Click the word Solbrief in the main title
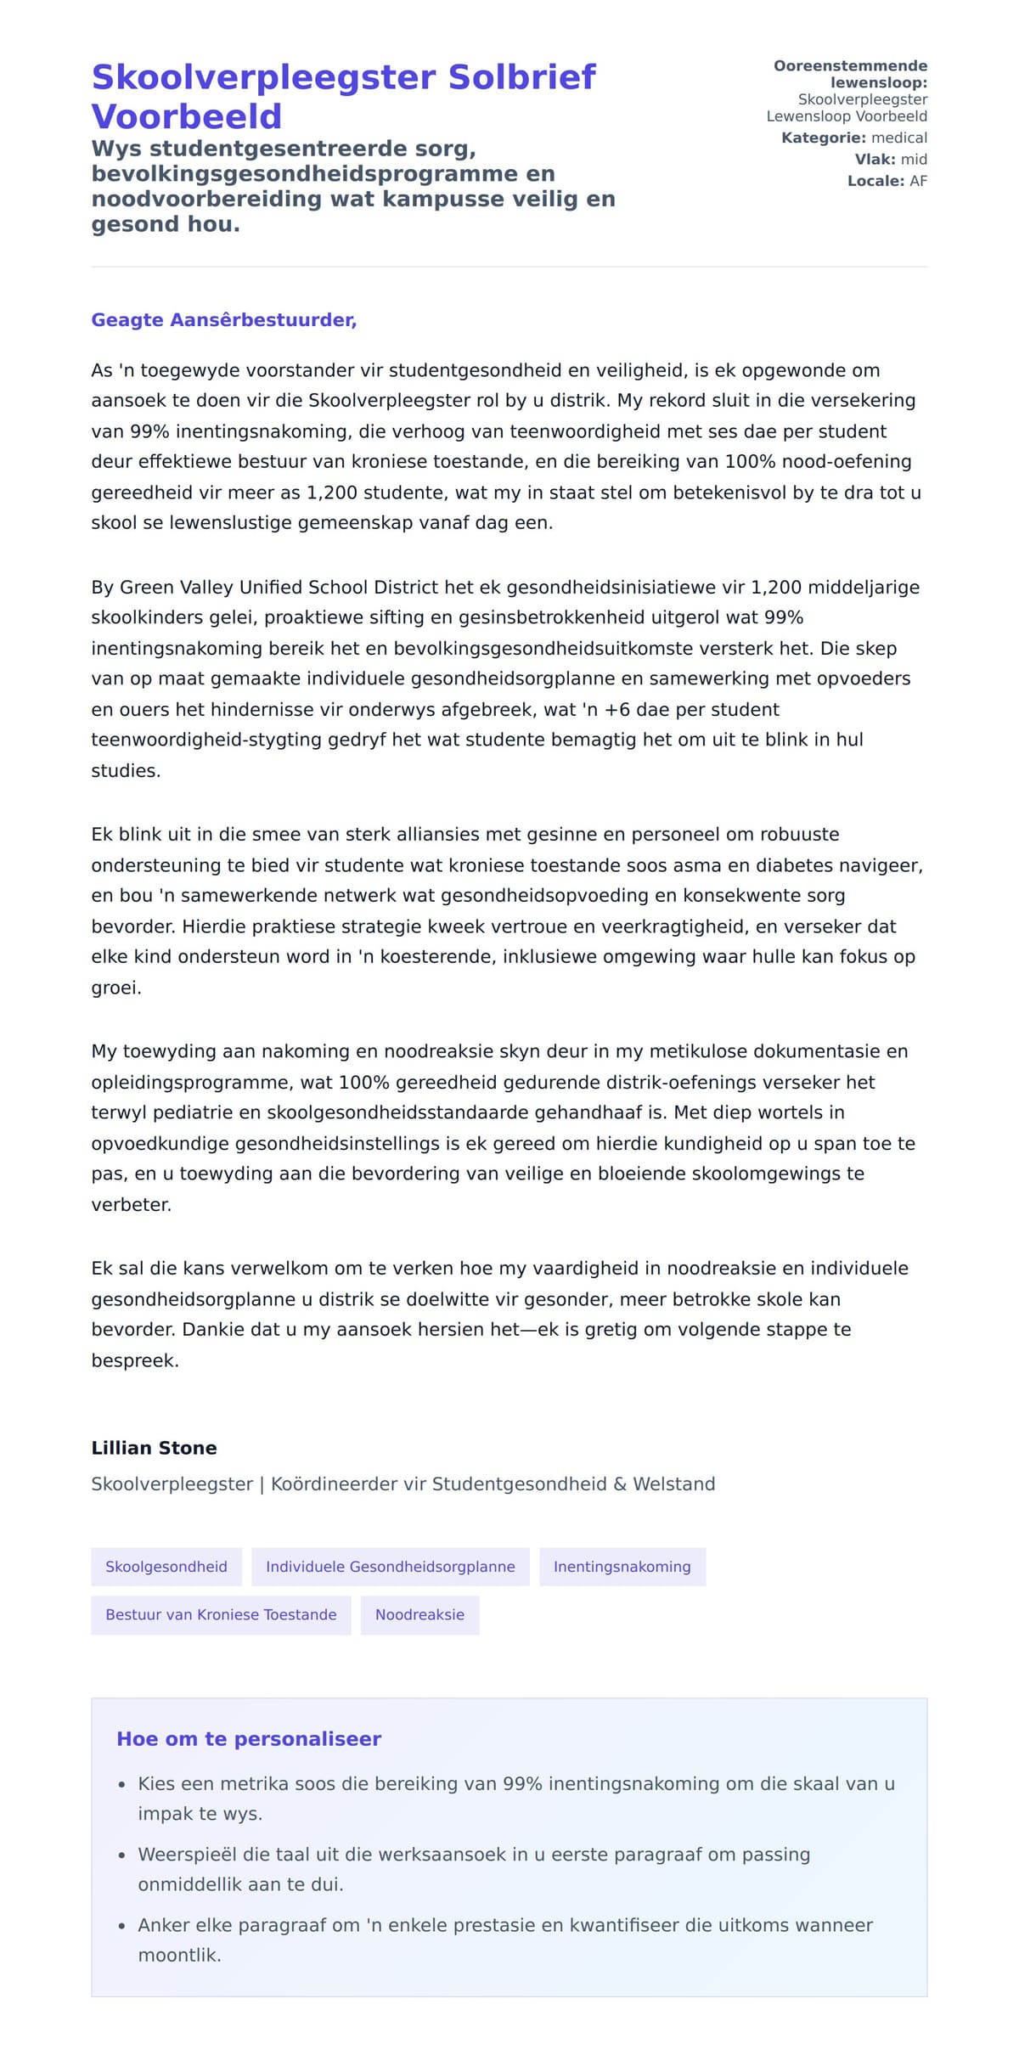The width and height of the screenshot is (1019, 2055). coord(521,77)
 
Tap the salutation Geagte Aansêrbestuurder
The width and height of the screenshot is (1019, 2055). coord(223,320)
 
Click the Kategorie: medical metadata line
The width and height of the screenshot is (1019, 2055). coord(853,138)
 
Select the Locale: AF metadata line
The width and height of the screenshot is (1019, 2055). coord(887,181)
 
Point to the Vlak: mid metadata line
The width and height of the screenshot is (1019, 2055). coord(890,160)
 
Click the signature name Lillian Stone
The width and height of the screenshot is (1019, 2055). coord(154,1448)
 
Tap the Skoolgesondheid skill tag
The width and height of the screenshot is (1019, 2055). coord(166,1567)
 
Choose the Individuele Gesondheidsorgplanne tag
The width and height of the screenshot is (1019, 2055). coord(390,1567)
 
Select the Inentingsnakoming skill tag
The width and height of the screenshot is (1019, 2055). coord(622,1567)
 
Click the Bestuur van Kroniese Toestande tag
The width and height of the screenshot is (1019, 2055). coord(221,1614)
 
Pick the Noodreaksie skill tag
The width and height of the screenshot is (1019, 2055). coord(419,1614)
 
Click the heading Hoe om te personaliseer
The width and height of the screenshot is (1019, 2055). coord(248,1739)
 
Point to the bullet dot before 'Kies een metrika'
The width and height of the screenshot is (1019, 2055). coord(122,1785)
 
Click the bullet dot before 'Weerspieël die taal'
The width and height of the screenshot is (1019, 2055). coord(122,1855)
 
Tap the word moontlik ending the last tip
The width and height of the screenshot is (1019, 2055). coord(178,1955)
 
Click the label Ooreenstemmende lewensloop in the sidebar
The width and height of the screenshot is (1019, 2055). coord(850,74)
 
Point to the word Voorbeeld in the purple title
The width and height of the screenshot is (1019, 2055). coord(186,116)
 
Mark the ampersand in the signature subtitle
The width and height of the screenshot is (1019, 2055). coord(619,1484)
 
